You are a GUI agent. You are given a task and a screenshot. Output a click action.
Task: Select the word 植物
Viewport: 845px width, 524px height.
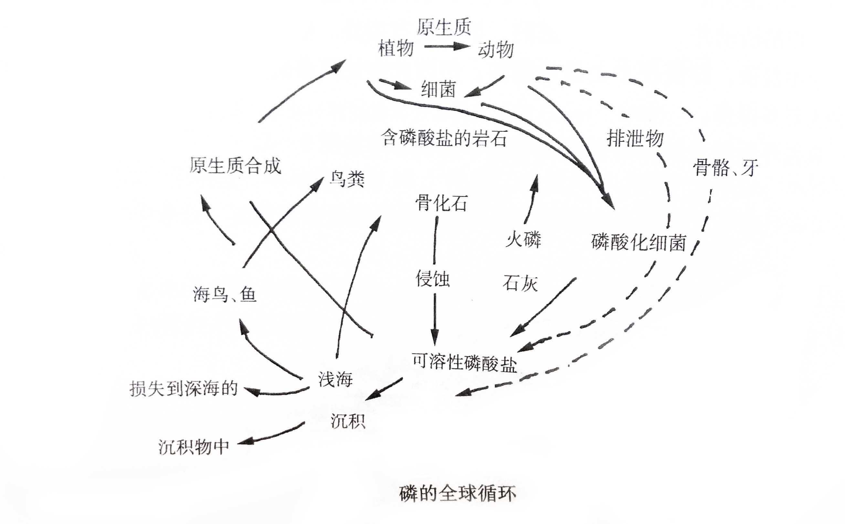click(x=396, y=48)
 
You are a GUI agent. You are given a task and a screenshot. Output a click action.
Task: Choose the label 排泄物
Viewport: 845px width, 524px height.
click(x=635, y=139)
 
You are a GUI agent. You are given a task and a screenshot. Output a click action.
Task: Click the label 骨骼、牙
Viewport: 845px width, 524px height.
click(x=725, y=169)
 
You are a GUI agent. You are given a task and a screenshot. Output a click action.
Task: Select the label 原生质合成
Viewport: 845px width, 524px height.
click(x=235, y=166)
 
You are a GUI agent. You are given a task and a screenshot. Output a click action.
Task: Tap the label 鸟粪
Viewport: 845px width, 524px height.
click(x=347, y=180)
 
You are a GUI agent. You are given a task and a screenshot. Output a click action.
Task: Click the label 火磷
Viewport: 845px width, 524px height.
click(x=523, y=239)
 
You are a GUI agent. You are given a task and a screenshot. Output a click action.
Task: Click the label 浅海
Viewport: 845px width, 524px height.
click(x=335, y=379)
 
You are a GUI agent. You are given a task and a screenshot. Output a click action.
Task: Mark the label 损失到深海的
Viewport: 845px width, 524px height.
click(x=184, y=388)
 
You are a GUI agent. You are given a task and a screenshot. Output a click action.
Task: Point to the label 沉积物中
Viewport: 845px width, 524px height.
click(x=194, y=447)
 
